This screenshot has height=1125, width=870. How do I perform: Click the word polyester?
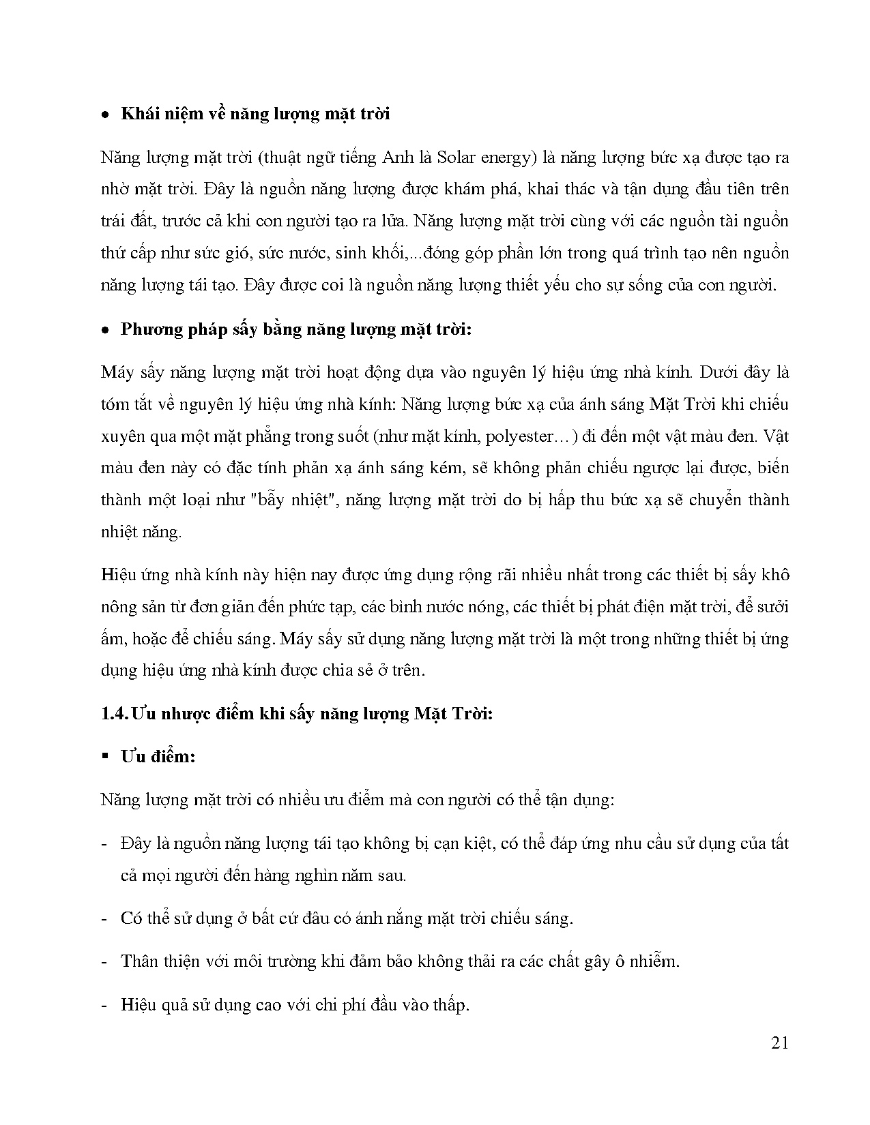(x=520, y=436)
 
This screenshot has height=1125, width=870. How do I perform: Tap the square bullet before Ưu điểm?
(x=105, y=756)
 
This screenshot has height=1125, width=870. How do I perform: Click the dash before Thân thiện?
(x=104, y=961)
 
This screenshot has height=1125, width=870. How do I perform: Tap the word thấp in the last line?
(x=449, y=1005)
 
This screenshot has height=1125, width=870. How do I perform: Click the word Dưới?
(x=716, y=372)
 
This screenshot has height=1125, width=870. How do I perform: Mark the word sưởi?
(x=772, y=607)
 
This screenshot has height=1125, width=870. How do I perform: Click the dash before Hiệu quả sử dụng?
(x=104, y=1005)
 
